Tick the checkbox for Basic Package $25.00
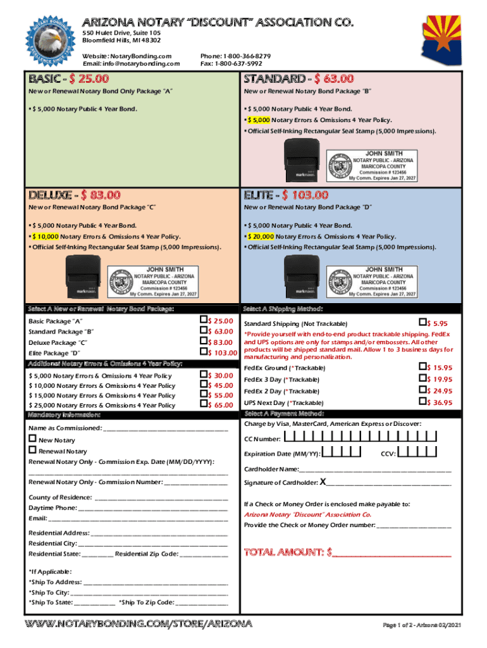pyautogui.click(x=204, y=320)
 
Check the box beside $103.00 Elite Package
pyautogui.click(x=204, y=351)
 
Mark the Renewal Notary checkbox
pyautogui.click(x=32, y=451)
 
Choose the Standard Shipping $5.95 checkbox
pyautogui.click(x=423, y=323)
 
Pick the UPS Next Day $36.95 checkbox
pyautogui.click(x=423, y=402)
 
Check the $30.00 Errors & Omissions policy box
pyautogui.click(x=204, y=375)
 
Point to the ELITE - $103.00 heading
pyautogui.click(x=286, y=195)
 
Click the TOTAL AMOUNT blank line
pyautogui.click(x=392, y=553)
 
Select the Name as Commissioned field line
pyautogui.click(x=164, y=428)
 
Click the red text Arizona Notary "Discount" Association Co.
pyautogui.click(x=307, y=514)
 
